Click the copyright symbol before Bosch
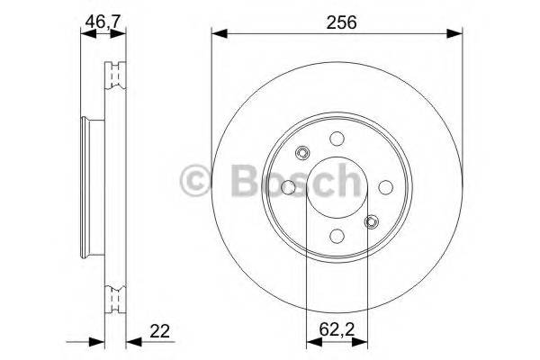pos(196,180)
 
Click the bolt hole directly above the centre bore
pos(336,139)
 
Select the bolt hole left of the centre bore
pos(288,187)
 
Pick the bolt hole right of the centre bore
pos(383,187)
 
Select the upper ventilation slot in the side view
pos(114,77)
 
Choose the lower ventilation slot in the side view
pos(114,297)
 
